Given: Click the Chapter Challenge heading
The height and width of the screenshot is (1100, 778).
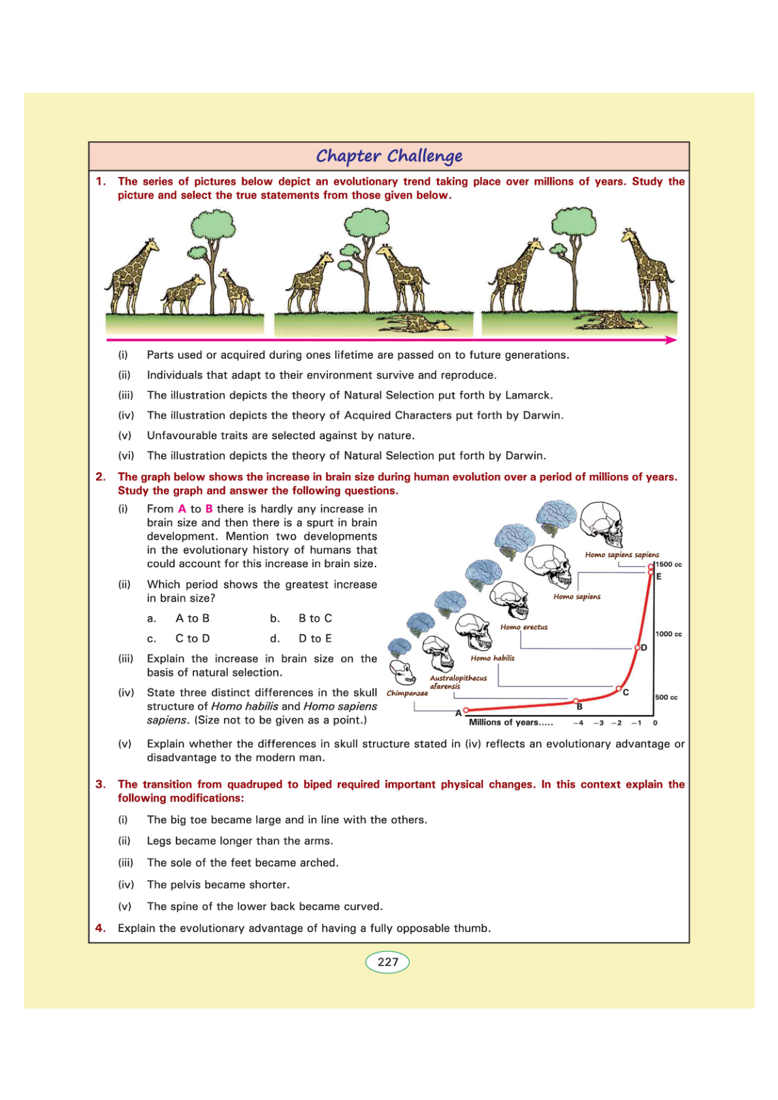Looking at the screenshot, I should pyautogui.click(x=389, y=156).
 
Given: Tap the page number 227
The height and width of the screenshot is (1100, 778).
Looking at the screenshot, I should pyautogui.click(x=387, y=962).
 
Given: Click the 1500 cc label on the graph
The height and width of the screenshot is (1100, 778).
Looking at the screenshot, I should pyautogui.click(x=669, y=564).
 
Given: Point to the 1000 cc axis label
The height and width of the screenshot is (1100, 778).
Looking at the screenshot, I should pyautogui.click(x=669, y=634).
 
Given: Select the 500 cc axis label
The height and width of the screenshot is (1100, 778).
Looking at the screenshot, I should pyautogui.click(x=666, y=697).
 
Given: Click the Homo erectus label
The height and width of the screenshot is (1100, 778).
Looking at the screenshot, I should pyautogui.click(x=524, y=627).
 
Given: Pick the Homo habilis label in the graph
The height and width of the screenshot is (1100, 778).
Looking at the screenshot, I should pyautogui.click(x=493, y=658).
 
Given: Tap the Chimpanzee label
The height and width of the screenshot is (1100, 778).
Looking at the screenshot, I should pyautogui.click(x=407, y=693).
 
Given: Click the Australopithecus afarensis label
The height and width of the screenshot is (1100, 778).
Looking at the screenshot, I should pyautogui.click(x=458, y=682).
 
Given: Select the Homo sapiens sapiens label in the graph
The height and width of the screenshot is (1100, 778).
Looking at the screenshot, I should pyautogui.click(x=622, y=555).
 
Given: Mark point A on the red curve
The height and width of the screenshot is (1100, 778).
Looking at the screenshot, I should pyautogui.click(x=466, y=710).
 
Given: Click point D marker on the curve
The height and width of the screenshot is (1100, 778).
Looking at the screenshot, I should pyautogui.click(x=638, y=647).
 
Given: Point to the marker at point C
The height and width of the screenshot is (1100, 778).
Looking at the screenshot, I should pyautogui.click(x=619, y=688).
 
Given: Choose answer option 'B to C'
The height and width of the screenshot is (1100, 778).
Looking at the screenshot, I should pyautogui.click(x=315, y=618).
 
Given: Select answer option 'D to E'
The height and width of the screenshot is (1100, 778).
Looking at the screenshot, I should pyautogui.click(x=315, y=638).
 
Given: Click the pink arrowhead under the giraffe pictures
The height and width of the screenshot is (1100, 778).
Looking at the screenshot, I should pyautogui.click(x=671, y=340).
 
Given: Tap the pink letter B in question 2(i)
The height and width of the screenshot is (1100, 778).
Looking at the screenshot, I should pyautogui.click(x=209, y=509).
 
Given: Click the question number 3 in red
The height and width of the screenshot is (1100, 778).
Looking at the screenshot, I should pyautogui.click(x=100, y=784).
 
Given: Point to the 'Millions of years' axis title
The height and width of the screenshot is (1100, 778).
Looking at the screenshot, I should pyautogui.click(x=511, y=722).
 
